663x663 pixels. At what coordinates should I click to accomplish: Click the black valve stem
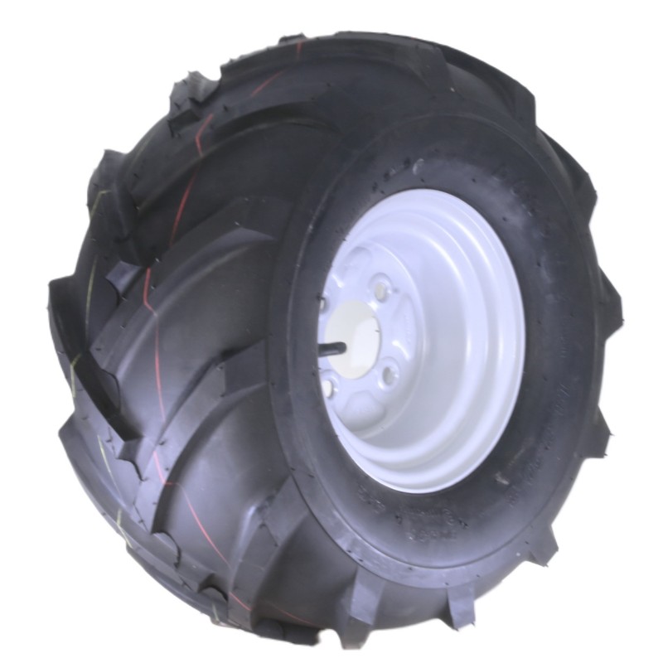[x=331, y=349]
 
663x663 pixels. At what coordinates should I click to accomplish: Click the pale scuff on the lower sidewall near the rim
[x=501, y=479]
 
